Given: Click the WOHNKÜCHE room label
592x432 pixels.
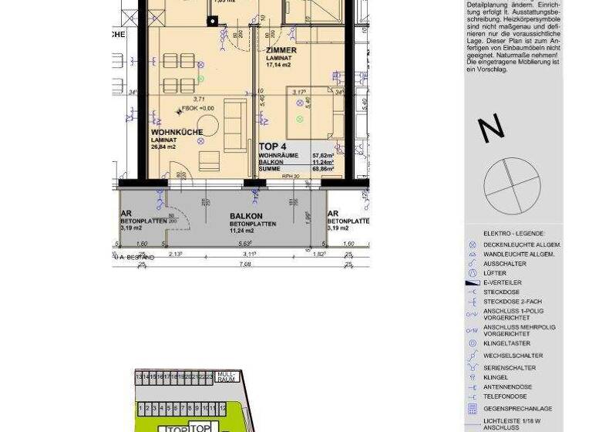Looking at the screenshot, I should (x=177, y=132).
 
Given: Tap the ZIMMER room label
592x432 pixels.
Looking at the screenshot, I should (x=281, y=50).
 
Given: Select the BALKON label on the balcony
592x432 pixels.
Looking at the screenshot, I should (x=246, y=216).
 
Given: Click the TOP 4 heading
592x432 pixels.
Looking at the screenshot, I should (x=273, y=146).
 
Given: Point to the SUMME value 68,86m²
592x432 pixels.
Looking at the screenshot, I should (x=322, y=168).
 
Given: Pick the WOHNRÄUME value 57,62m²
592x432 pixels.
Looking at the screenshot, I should (x=322, y=155).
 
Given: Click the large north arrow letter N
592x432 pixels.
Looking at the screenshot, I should (x=491, y=129).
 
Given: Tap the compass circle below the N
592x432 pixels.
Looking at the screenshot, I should (x=508, y=182).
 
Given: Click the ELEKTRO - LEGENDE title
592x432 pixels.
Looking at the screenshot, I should (x=513, y=233).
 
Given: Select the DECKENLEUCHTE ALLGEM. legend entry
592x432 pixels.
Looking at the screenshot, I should (x=522, y=245).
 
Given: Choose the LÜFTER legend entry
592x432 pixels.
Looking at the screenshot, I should (x=495, y=273).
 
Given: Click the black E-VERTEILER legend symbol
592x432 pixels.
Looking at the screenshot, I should (x=473, y=283).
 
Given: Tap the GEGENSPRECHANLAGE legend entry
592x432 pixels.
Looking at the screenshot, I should (x=517, y=408).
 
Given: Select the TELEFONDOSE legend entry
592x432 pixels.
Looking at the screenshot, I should (x=505, y=397).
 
